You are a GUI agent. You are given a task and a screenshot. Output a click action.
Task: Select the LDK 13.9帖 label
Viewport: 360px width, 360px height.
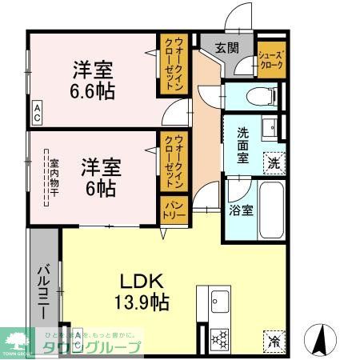pos(142,291)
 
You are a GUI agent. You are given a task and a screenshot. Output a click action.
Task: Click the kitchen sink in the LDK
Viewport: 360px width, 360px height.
pos(220,302)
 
